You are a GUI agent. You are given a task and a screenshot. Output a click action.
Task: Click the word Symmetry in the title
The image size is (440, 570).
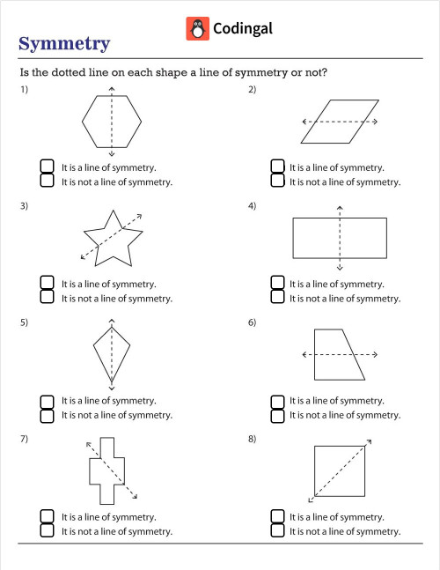coord(64,44)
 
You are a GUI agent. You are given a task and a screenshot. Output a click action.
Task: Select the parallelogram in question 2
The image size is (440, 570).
coord(339,122)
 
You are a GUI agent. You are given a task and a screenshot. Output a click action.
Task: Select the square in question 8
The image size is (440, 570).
coord(340,470)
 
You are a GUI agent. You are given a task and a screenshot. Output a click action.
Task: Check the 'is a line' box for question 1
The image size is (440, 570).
coord(47,167)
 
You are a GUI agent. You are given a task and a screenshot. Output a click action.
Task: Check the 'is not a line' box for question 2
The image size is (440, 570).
coord(277,181)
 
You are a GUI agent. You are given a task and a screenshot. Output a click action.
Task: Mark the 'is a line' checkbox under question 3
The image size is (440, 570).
coord(47,283)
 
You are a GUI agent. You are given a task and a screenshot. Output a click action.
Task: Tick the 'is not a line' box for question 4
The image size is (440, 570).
coord(277,298)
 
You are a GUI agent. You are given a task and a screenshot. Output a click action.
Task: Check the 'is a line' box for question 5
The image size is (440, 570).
coord(47,399)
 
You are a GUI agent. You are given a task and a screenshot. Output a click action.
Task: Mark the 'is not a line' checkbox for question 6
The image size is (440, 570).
coord(277,414)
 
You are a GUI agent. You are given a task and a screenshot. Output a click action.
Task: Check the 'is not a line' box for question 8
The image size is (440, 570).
coord(277,530)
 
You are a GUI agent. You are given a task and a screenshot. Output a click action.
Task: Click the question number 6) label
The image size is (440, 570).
coord(252,322)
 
